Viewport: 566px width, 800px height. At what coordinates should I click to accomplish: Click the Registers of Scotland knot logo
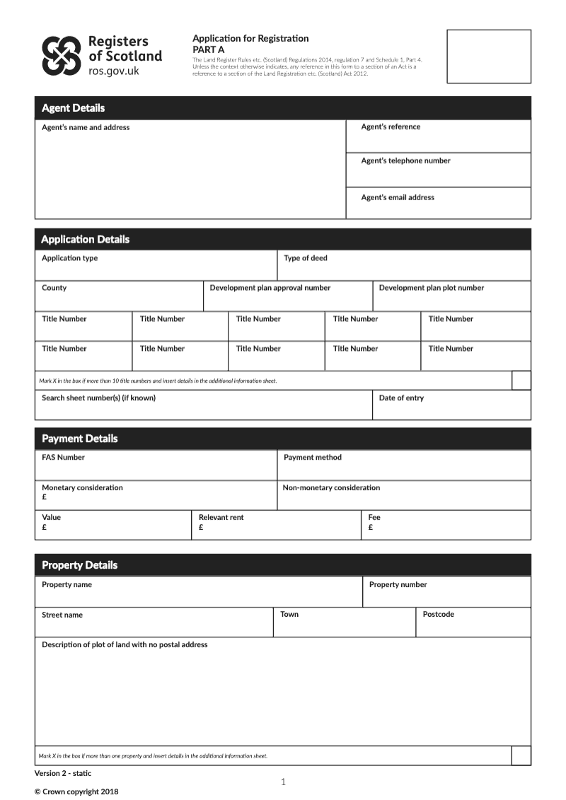click(62, 56)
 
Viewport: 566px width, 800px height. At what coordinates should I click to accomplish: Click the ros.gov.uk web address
click(114, 71)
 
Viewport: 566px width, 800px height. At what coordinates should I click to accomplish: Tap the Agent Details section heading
click(73, 108)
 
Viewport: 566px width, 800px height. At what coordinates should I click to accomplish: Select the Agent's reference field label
click(391, 127)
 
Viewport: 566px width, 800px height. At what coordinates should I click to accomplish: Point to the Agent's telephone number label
click(405, 161)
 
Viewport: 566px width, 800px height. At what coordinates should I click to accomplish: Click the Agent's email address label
click(398, 197)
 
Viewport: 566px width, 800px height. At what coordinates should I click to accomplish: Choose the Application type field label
click(69, 258)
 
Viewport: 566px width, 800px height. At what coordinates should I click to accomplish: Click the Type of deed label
click(306, 258)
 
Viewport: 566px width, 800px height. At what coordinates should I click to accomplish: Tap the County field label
click(54, 288)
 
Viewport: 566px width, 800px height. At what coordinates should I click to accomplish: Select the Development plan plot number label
click(432, 288)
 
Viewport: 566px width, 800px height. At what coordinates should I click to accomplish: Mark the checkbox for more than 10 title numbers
click(521, 381)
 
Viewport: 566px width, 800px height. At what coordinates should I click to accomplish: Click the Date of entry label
click(401, 398)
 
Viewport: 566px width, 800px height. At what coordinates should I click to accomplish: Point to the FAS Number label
click(63, 458)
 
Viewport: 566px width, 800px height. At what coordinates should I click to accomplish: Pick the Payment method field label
click(313, 458)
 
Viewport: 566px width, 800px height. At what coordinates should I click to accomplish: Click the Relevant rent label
click(221, 518)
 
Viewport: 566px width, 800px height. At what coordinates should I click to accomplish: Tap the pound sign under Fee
click(371, 528)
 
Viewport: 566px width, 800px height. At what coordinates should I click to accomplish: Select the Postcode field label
click(439, 615)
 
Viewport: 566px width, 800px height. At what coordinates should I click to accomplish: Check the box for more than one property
click(521, 755)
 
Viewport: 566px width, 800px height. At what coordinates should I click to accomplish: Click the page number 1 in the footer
click(283, 782)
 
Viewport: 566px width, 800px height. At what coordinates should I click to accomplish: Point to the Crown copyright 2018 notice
click(76, 792)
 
